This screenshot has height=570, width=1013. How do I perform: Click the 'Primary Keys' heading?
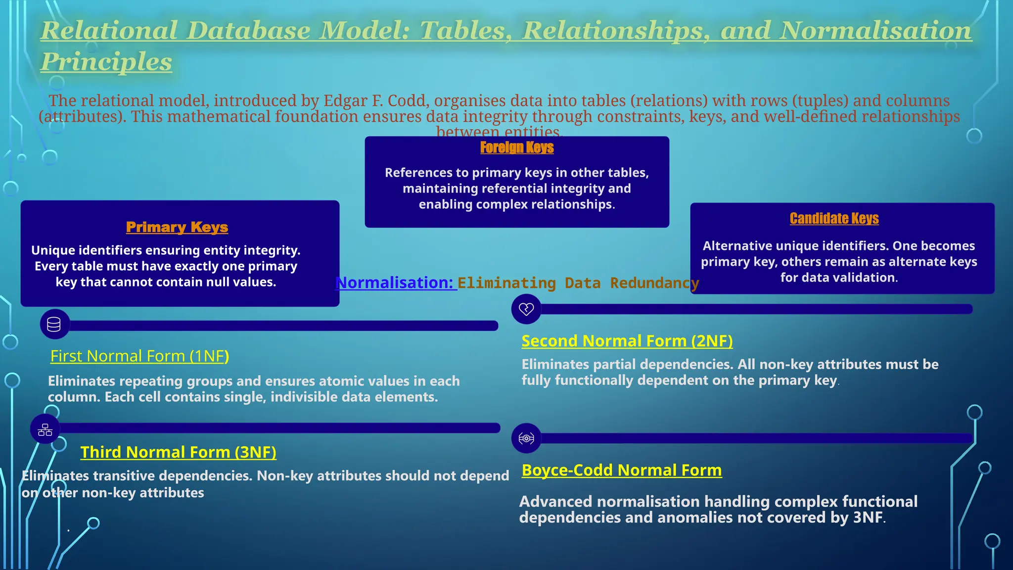point(177,227)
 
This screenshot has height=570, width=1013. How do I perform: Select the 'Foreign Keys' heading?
point(516,147)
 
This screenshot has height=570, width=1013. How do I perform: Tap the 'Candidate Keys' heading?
point(834,218)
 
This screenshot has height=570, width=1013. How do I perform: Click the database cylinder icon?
point(54,325)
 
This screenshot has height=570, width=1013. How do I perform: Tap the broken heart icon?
point(526,309)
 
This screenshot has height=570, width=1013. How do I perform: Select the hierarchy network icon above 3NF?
point(45,429)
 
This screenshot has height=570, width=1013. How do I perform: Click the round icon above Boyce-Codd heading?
point(526,438)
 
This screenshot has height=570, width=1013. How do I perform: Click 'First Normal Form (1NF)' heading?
point(139,356)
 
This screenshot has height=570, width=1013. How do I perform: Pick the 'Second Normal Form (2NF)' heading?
point(627,341)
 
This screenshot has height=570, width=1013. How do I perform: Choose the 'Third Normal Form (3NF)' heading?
point(178,452)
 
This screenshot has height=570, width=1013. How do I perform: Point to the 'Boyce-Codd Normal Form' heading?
point(621,470)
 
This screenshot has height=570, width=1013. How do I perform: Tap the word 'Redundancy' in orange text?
point(654,283)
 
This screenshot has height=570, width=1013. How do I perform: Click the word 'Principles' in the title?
point(106,62)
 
